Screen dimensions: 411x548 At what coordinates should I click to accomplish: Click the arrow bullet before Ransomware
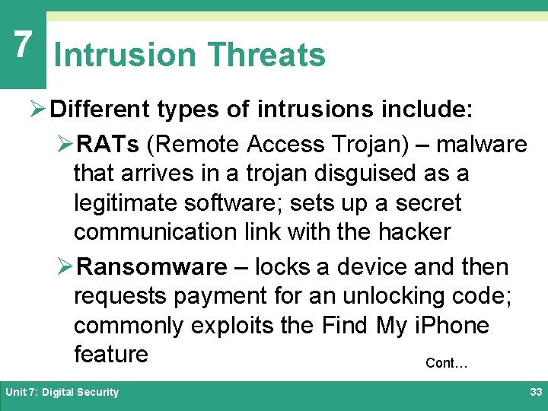[x=66, y=267]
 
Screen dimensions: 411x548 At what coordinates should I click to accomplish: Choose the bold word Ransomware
[x=152, y=267]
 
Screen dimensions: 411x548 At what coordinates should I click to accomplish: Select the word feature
[x=111, y=354]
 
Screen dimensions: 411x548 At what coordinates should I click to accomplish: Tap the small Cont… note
[x=446, y=363]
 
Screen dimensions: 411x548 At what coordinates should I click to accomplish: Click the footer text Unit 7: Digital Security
[x=62, y=392]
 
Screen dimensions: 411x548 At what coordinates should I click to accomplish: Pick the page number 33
[x=534, y=392]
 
